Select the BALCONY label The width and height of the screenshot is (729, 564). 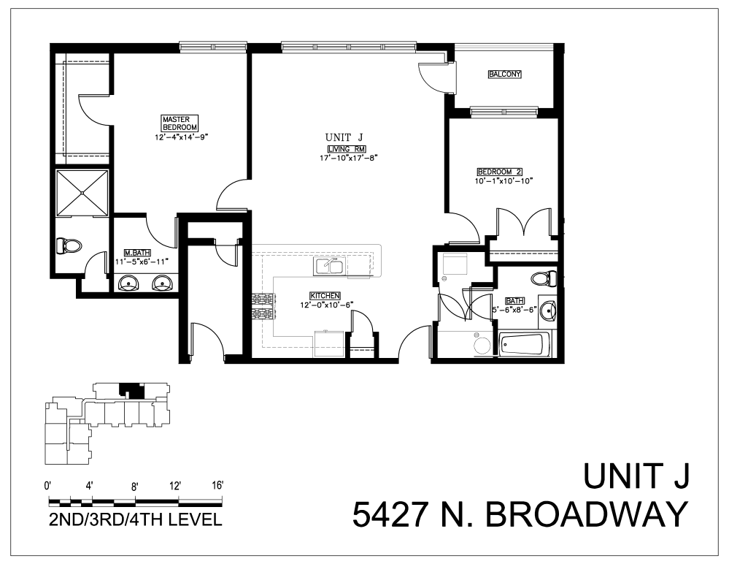coord(504,75)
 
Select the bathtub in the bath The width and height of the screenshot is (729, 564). coord(524,344)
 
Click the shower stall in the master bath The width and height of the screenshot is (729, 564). coord(82,193)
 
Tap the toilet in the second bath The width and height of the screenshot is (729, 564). coord(544,278)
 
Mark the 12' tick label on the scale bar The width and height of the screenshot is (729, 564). coord(174,486)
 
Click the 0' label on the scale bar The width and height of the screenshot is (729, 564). coord(48,486)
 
